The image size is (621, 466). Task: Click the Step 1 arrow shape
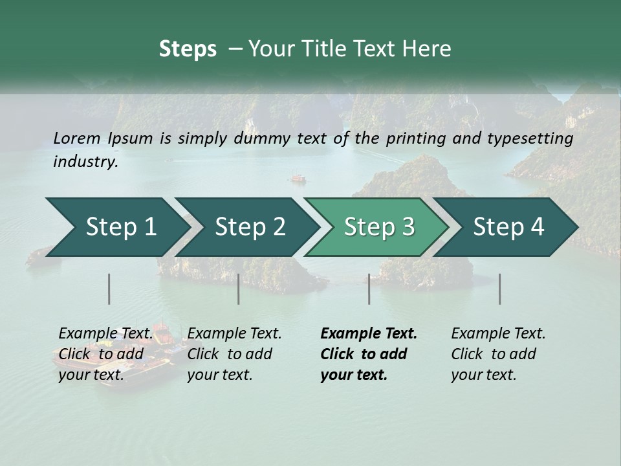pos(121,227)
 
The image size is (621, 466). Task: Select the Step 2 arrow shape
pos(250,227)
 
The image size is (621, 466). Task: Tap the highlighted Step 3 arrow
pos(379,227)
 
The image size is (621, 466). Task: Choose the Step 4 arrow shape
pos(508,227)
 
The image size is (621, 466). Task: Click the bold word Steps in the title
pos(188,49)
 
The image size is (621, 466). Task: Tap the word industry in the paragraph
pos(85,161)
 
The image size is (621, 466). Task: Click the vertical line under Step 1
pos(109,289)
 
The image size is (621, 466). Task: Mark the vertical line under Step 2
pos(239,289)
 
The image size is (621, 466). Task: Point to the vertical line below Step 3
pos(369,289)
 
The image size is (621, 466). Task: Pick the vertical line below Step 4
pos(500,289)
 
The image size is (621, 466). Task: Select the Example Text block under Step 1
pos(105,354)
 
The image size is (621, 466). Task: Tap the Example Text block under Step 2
pos(234,354)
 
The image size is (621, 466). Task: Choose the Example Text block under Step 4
pos(498,354)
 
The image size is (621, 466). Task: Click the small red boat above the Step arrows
pos(298,177)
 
